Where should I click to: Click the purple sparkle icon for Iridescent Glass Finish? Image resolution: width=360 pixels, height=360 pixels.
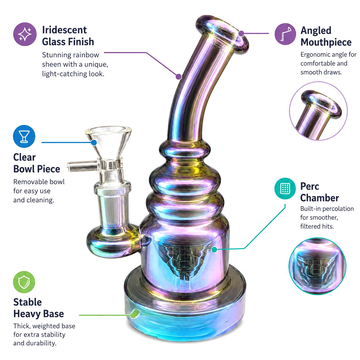click(25, 34)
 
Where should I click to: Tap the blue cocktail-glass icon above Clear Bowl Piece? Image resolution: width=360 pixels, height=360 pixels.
click(24, 136)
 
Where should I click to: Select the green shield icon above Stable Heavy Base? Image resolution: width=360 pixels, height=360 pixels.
click(24, 282)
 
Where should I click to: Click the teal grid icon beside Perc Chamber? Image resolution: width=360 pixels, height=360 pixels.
click(285, 188)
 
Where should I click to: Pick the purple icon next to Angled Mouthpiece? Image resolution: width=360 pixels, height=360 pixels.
click(285, 34)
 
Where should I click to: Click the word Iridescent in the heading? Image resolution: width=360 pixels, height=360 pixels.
click(65, 30)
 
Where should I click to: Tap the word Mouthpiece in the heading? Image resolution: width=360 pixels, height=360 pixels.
click(326, 42)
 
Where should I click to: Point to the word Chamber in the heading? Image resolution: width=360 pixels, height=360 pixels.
click(320, 198)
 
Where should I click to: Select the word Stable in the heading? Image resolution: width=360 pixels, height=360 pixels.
click(28, 302)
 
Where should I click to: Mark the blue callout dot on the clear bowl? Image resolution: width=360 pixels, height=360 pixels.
click(94, 143)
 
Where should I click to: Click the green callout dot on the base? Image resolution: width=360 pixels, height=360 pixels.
click(134, 315)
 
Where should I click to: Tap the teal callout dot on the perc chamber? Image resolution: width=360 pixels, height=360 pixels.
click(214, 249)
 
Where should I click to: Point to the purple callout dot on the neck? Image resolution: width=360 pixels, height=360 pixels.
click(179, 76)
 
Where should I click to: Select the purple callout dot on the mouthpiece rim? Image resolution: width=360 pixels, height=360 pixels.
click(241, 34)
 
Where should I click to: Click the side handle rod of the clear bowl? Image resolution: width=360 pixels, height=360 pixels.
click(82, 166)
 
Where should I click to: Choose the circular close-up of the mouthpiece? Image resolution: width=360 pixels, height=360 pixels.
click(318, 111)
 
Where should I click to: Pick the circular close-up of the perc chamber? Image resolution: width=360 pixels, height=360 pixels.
click(318, 266)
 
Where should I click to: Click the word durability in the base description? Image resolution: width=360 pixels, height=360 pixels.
click(41, 343)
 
